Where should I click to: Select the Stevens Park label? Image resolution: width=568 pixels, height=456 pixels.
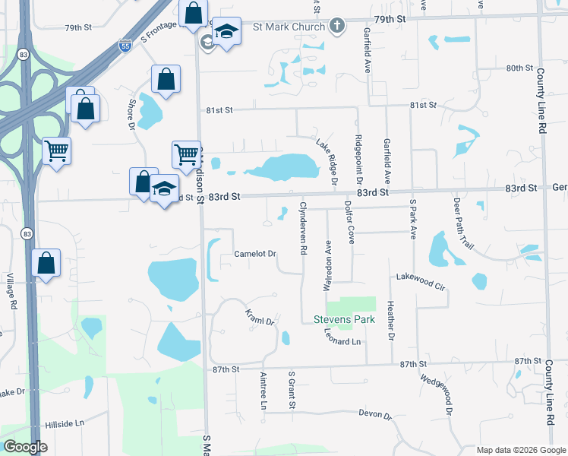click(344, 320)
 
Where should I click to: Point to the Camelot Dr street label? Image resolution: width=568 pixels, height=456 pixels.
click(254, 254)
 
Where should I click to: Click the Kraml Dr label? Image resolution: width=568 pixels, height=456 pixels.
click(259, 317)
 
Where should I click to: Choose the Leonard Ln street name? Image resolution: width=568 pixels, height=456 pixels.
click(342, 337)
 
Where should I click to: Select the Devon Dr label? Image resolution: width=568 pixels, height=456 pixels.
click(375, 416)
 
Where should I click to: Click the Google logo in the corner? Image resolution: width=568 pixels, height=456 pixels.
click(25, 447)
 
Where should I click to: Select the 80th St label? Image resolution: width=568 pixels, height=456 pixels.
click(519, 68)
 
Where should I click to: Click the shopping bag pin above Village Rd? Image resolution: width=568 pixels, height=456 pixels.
click(46, 263)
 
